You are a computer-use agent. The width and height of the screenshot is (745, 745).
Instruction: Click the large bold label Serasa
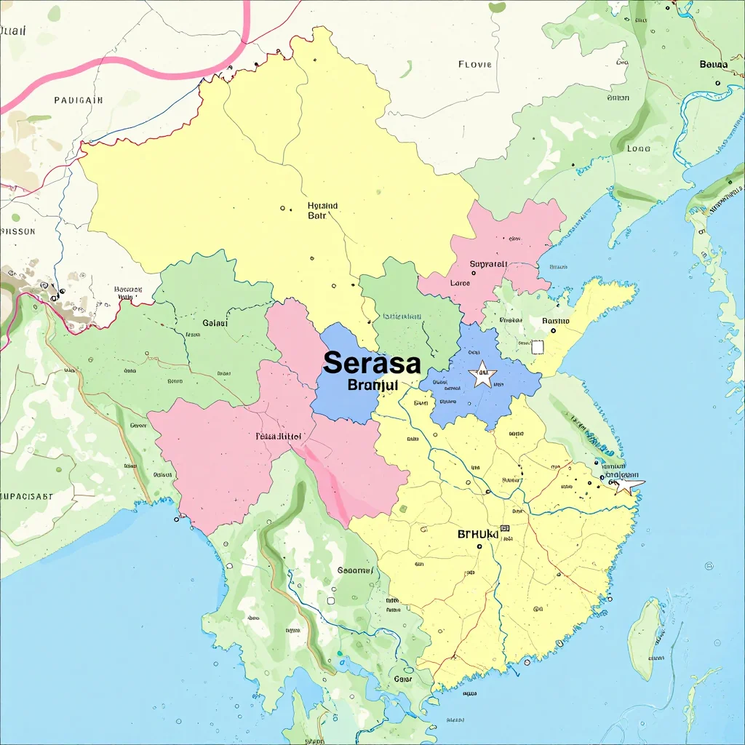coord(371,362)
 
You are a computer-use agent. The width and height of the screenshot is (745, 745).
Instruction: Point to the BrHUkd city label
coord(478,534)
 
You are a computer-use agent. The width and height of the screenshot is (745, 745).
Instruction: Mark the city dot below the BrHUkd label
coord(479,546)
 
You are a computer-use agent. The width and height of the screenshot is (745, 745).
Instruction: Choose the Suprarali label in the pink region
coord(488,264)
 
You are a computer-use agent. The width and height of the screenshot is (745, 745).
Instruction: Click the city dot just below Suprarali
coord(474,274)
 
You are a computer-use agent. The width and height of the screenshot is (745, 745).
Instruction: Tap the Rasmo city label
coord(556,320)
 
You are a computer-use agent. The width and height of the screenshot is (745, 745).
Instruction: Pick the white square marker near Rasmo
coord(538,347)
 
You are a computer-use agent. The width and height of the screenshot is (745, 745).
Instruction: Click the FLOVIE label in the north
coord(475,65)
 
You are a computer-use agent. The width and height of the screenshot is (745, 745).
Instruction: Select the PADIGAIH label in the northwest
coord(79,100)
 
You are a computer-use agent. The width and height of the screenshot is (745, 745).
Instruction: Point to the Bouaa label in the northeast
coord(713,64)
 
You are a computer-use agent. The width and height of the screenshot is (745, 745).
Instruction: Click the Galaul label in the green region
coord(215,323)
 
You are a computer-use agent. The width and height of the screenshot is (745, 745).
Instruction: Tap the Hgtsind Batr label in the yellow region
coord(322,210)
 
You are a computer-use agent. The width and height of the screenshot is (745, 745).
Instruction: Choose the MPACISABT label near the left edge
coord(27,496)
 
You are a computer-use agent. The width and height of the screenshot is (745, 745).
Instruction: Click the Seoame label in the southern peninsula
coord(356,571)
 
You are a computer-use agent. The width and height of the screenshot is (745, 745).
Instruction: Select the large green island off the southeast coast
coord(645,638)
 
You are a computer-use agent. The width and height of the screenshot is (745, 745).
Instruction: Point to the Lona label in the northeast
coord(638,148)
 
